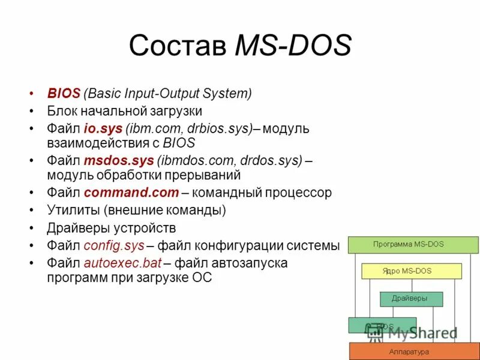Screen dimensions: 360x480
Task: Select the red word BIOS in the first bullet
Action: (64, 94)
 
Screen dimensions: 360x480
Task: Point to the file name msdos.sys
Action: (118, 161)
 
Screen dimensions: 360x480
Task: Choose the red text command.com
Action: (131, 193)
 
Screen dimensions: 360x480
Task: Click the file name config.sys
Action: (114, 245)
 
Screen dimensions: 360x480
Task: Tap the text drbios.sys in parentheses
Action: (221, 129)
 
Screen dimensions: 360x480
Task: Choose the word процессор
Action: (299, 193)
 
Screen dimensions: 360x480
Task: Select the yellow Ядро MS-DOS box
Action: (412, 271)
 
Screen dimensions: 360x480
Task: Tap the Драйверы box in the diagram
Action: (411, 298)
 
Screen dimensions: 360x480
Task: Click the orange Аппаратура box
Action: (414, 351)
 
